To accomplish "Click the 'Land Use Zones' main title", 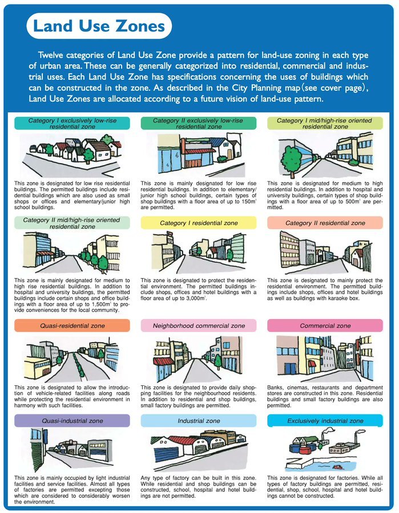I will [99, 26].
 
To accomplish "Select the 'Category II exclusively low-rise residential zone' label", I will [198, 124].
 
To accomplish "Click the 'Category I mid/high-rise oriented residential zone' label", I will [325, 124].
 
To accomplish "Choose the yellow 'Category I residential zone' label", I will [198, 223].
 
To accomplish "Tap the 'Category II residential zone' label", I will [325, 223].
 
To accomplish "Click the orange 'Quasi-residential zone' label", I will [72, 326].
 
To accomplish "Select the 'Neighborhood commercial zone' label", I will [198, 326].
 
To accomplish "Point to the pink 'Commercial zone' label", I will [325, 326].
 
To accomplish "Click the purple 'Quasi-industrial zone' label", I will [72, 421].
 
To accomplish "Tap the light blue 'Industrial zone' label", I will [198, 421].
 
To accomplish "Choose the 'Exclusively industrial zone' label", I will [325, 421].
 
